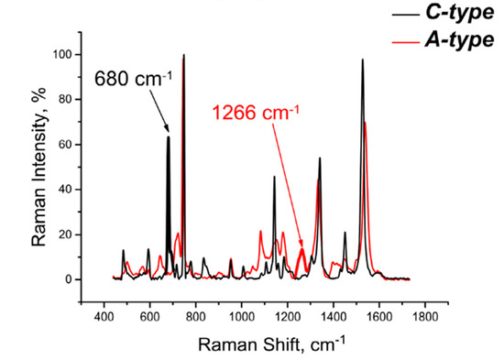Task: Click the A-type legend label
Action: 459,39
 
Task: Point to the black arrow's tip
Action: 168,134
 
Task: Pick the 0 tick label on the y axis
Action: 69,279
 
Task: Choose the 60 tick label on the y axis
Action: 65,145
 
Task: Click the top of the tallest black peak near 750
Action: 183,55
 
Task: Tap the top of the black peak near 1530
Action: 362,60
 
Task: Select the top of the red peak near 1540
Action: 366,122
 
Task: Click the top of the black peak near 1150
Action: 274,177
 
